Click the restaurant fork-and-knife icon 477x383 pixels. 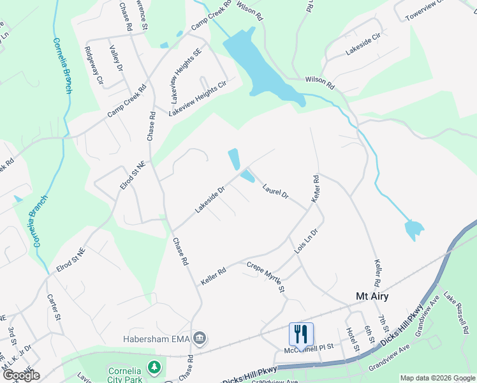click(x=301, y=333)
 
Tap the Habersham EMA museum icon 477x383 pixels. click(x=200, y=338)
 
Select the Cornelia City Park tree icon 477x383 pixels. click(x=154, y=368)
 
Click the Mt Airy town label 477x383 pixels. click(x=372, y=296)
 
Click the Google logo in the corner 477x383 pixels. click(x=21, y=375)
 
